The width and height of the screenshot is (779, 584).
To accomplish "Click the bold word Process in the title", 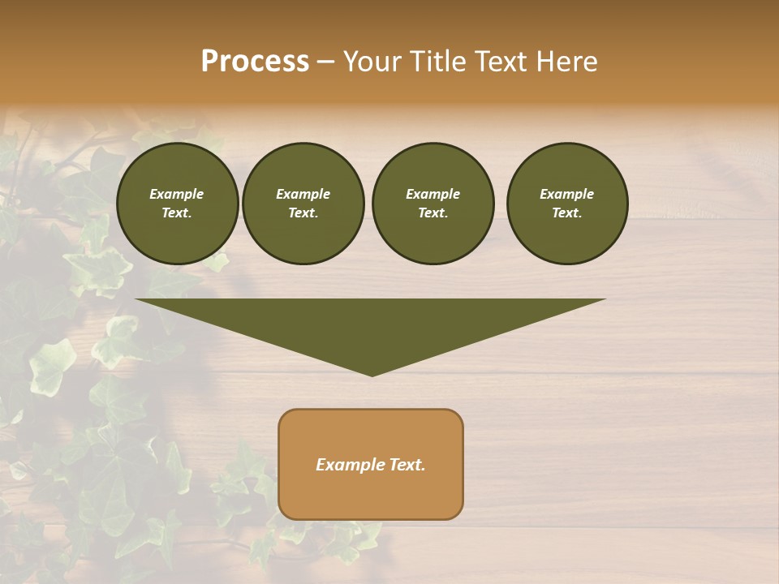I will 255,62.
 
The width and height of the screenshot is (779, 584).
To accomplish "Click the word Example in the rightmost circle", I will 566,194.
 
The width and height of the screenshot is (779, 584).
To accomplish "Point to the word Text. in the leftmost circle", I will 177,213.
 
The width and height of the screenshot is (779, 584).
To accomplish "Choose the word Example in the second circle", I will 303,194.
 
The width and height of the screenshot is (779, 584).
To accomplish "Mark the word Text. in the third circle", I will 433,213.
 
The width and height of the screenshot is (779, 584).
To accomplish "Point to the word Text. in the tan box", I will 407,465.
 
